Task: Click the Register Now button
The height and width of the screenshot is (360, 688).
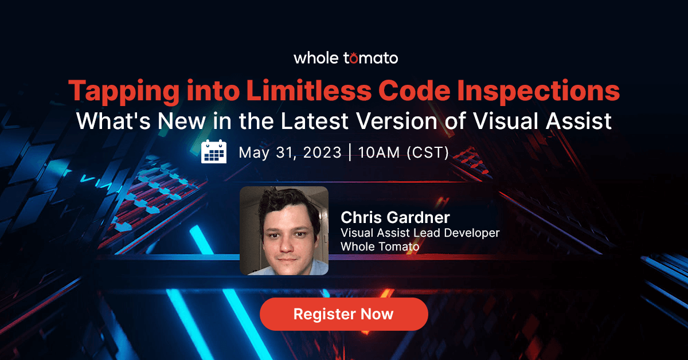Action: pyautogui.click(x=343, y=314)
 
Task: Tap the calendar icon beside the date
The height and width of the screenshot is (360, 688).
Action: pyautogui.click(x=214, y=152)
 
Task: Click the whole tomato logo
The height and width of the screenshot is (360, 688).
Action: pyautogui.click(x=345, y=58)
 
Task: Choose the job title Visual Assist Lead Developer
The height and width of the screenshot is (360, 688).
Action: pyautogui.click(x=420, y=233)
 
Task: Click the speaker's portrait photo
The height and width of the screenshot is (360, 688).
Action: pyautogui.click(x=284, y=230)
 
